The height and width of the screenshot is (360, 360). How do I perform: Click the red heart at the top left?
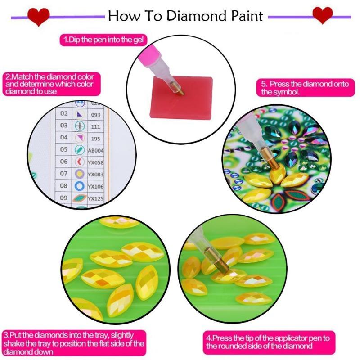(x=38, y=16)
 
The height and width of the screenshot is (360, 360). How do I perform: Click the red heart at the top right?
(x=322, y=15)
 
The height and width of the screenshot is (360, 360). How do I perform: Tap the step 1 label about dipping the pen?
(x=104, y=40)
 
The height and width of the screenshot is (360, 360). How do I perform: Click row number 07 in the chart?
(x=64, y=173)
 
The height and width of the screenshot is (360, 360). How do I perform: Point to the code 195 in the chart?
(x=95, y=139)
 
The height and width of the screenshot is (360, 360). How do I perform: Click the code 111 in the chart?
(x=95, y=127)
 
